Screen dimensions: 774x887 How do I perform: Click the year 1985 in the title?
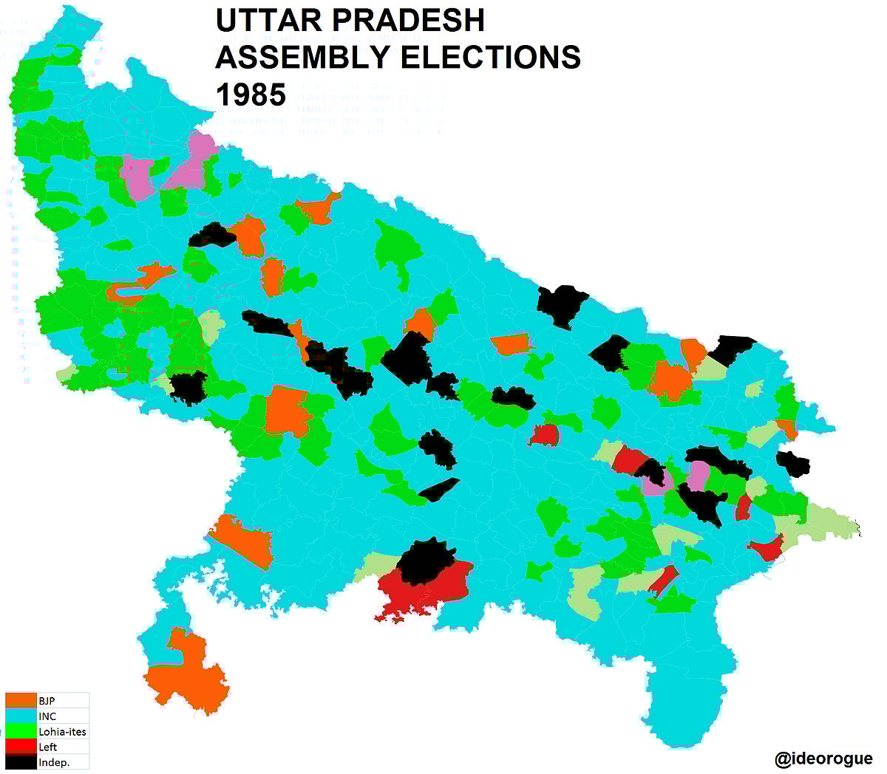[250, 95]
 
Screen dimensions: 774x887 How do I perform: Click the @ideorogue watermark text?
[823, 758]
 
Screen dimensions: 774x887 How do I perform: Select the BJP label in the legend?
[47, 701]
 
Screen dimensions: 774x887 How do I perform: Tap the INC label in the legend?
[47, 716]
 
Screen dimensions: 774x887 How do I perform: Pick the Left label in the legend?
[48, 747]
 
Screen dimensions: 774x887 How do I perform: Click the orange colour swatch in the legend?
[21, 701]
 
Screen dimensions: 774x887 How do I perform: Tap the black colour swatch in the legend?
[21, 762]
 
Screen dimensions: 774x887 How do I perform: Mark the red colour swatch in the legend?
[21, 747]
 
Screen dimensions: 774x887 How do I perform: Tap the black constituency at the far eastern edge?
[795, 464]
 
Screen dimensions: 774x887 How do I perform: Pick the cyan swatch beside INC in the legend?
[21, 716]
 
